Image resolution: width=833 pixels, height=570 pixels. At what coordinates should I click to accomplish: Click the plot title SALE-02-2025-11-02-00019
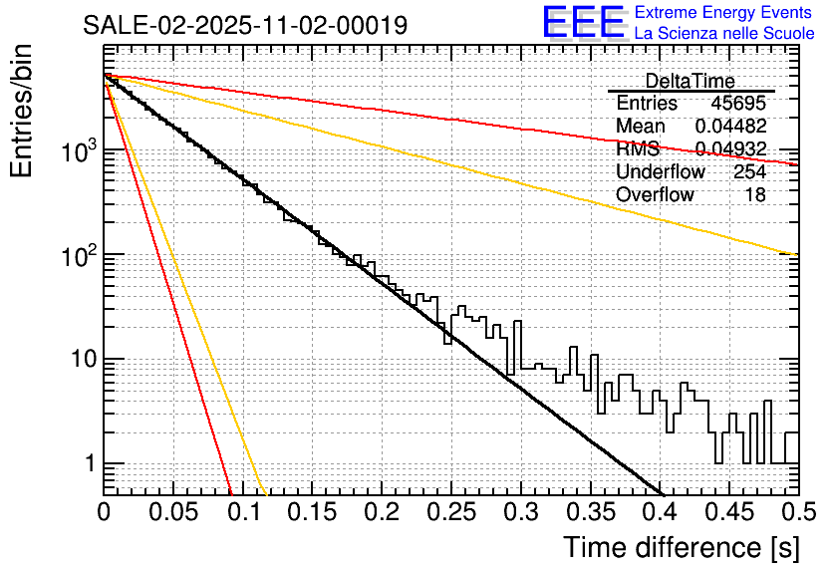[x=245, y=26]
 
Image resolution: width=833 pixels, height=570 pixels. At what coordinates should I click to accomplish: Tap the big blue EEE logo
[x=583, y=22]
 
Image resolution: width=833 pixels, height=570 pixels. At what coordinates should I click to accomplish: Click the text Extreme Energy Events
[x=724, y=13]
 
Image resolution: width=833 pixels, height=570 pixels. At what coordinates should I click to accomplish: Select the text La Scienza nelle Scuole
[x=724, y=34]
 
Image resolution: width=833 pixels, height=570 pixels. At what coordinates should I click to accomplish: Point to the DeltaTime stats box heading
[x=691, y=81]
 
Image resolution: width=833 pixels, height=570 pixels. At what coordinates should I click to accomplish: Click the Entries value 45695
[x=737, y=104]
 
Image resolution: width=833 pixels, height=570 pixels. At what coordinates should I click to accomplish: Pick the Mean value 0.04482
[x=730, y=127]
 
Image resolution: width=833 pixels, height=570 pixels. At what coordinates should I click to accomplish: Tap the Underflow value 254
[x=749, y=172]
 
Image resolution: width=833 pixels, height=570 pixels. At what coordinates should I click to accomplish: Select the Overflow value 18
[x=755, y=195]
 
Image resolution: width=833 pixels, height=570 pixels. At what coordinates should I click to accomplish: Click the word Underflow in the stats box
[x=661, y=172]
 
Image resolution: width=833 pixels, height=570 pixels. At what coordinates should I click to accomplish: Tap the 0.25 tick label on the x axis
[x=451, y=512]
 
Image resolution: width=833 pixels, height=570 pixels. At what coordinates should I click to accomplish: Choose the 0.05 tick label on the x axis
[x=173, y=512]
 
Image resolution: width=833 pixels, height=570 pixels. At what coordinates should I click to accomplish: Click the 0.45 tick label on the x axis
[x=729, y=512]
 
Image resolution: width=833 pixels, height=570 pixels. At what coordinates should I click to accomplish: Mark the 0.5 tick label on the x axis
[x=799, y=512]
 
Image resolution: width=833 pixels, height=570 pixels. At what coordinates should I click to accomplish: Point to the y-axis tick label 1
[x=89, y=464]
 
